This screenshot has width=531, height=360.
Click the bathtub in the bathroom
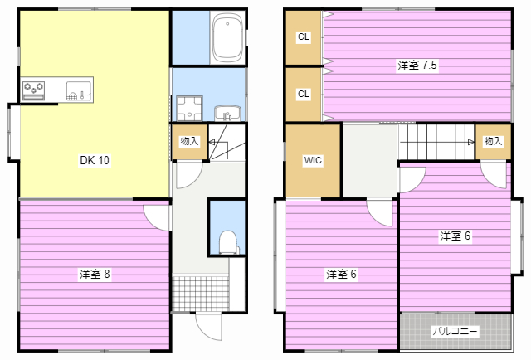[227, 37]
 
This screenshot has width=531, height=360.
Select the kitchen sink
[79, 90]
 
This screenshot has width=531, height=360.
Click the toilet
[227, 242]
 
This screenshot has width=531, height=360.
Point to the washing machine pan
[189, 109]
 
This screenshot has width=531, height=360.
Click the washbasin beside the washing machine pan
[227, 113]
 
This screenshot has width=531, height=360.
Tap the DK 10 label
[95, 160]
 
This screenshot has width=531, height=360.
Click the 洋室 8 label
[95, 274]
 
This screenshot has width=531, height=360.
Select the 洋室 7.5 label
[417, 65]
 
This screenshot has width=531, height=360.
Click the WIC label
[313, 160]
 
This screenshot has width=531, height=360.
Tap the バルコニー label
[455, 331]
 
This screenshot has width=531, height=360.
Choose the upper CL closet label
[304, 36]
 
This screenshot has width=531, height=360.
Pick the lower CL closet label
[304, 94]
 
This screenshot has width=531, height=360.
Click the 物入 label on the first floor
[189, 141]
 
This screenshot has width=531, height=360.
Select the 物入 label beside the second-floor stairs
[493, 141]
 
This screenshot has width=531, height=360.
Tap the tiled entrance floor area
[201, 294]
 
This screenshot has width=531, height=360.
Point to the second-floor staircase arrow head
[471, 142]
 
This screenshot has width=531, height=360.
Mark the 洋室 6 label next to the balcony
[455, 236]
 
